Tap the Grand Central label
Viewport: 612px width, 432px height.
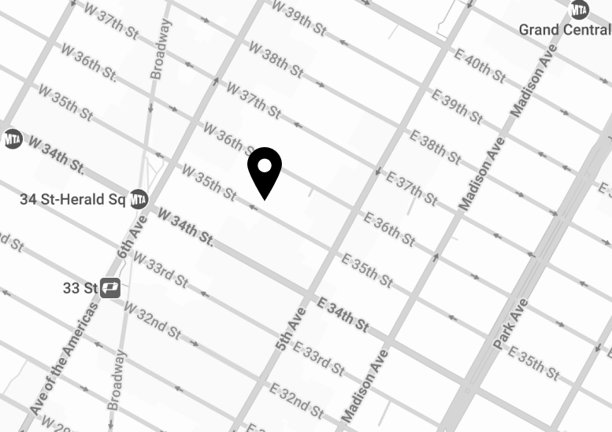pos(564,30)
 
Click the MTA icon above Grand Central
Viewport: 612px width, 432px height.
pos(580,9)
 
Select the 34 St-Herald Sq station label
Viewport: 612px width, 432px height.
pos(72,199)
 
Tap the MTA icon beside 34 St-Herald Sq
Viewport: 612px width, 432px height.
pos(139,199)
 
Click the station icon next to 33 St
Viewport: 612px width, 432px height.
pos(110,288)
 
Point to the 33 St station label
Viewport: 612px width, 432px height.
pos(80,288)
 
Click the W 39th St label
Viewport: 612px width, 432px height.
pos(299,17)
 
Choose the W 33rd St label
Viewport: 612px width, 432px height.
pos(160,268)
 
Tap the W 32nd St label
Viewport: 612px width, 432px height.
pos(153,314)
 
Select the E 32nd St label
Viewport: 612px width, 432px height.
pos(296,401)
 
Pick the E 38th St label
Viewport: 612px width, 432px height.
pos(435,146)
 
